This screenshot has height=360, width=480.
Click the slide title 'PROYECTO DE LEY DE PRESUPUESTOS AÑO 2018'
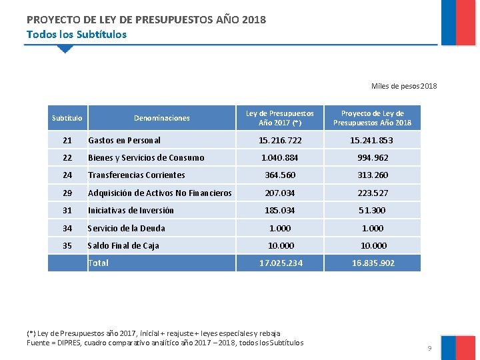tap(146, 19)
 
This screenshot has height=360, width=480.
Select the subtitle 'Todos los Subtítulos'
tap(76, 34)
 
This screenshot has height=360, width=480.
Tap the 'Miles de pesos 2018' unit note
tap(404, 86)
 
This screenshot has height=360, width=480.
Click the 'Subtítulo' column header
tap(67, 118)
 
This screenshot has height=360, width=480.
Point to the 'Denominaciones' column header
tap(162, 118)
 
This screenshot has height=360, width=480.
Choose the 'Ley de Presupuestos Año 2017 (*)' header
tap(280, 118)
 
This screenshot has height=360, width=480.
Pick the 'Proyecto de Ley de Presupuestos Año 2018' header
tap(372, 118)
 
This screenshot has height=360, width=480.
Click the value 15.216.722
tap(280, 141)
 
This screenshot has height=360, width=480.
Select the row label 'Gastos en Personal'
tap(124, 141)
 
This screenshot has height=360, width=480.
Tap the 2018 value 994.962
tap(372, 158)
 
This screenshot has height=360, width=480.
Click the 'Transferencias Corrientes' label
tap(137, 175)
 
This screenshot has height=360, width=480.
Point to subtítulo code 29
tap(67, 193)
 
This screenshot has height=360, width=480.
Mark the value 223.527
tap(372, 193)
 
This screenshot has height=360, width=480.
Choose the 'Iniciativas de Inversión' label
tap(131, 211)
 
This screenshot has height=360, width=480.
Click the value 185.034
tap(280, 211)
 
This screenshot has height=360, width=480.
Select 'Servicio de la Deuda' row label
tap(127, 228)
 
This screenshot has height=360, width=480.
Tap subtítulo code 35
tap(67, 246)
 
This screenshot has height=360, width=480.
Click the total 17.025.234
tap(280, 263)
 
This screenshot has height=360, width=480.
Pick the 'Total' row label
tap(98, 263)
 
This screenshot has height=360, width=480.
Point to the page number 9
tap(430, 349)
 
